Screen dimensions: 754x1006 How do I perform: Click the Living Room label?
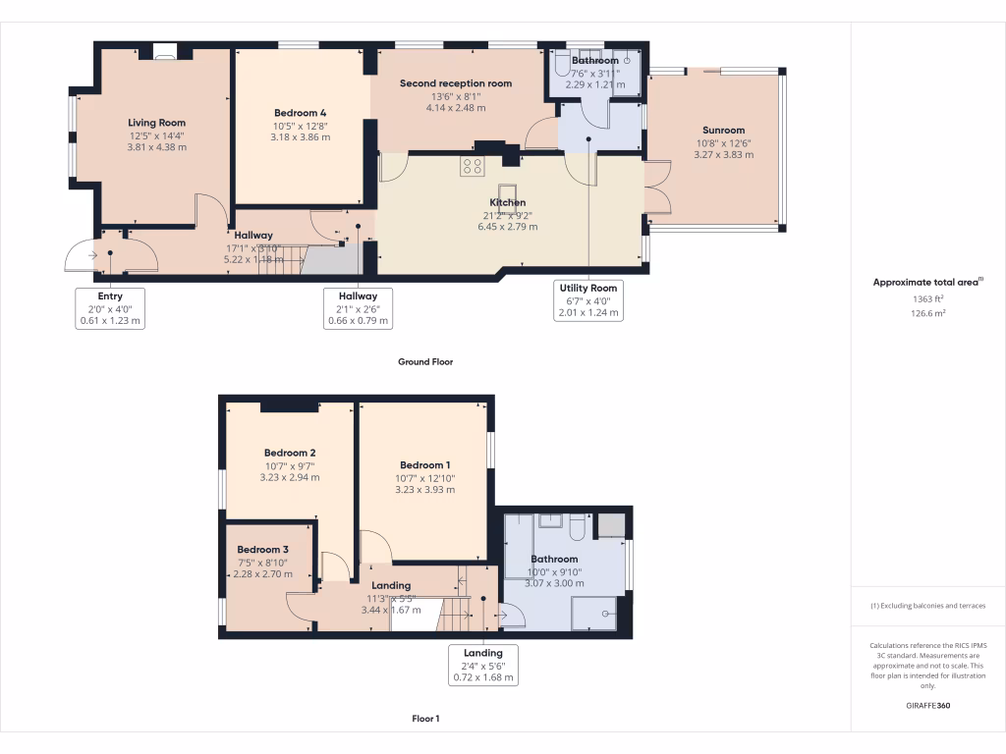point(156,123)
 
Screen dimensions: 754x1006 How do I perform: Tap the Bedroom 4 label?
point(300,113)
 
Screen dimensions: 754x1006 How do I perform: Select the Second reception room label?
point(456,83)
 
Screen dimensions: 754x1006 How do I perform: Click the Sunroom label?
point(723,130)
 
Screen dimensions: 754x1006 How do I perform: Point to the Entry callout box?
point(110,307)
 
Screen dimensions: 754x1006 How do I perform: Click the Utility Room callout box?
point(588,299)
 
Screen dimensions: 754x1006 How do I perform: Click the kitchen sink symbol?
point(508,190)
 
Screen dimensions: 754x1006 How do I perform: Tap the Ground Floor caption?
point(425,361)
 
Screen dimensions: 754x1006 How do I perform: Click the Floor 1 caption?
point(425,719)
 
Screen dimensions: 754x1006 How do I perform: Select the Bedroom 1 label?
point(424,464)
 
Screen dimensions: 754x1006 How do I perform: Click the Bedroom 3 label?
point(262,549)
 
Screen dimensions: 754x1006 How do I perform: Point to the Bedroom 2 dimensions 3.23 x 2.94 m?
point(289,477)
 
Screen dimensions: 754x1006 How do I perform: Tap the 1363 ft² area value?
point(927,299)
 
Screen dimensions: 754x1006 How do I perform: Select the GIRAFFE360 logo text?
point(927,706)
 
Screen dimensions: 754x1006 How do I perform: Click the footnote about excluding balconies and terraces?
point(927,606)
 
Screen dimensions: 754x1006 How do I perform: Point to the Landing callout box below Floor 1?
point(482,665)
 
